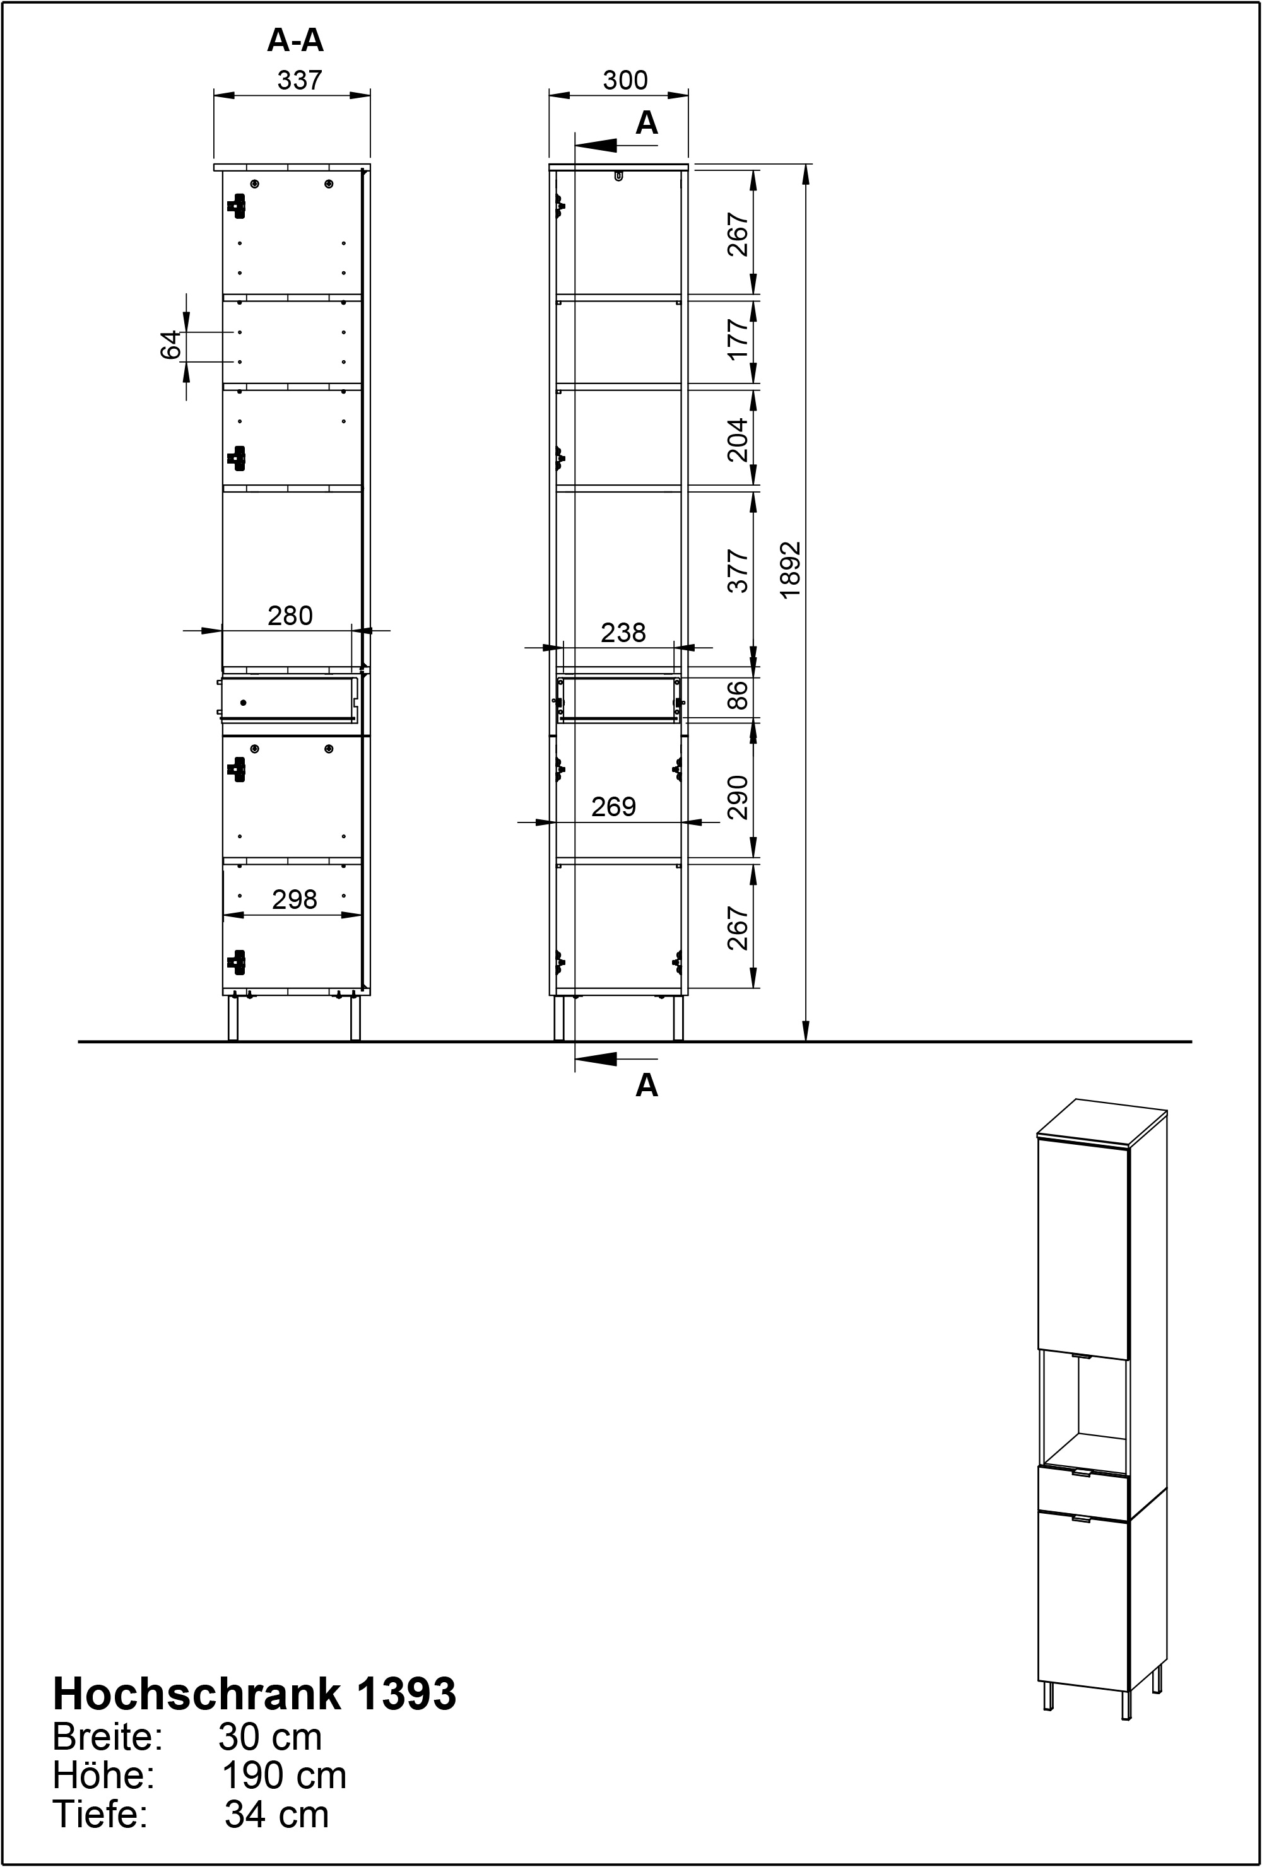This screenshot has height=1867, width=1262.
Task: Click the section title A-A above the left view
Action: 295,40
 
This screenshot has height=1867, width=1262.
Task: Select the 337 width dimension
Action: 299,80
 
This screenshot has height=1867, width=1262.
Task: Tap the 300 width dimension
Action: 625,80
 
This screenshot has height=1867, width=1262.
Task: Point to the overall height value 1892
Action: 791,569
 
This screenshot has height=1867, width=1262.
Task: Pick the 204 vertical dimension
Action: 738,440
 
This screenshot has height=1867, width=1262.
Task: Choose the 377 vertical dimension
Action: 738,571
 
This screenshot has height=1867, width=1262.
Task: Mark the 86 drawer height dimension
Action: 738,695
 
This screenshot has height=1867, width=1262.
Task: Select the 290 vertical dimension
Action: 738,797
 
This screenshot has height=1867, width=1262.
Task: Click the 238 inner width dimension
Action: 623,633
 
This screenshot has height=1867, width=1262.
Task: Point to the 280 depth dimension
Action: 290,616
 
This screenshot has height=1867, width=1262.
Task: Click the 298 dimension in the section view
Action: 294,899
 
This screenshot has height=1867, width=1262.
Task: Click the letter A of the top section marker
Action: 646,123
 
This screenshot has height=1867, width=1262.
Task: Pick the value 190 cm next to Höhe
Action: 285,1776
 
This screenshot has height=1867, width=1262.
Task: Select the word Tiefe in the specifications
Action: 100,1815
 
